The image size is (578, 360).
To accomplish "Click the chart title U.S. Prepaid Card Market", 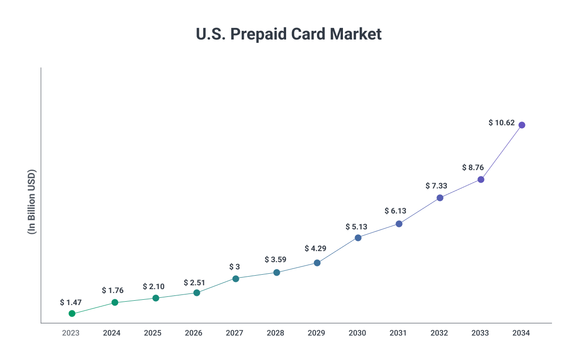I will (x=289, y=34).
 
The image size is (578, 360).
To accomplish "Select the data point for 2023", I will (x=72, y=313).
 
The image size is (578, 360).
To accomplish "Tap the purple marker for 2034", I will (x=522, y=125).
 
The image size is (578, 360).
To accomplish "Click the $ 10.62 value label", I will (x=501, y=122).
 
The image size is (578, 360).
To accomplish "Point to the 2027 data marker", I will (x=236, y=279).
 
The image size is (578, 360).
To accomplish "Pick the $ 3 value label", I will (x=235, y=267).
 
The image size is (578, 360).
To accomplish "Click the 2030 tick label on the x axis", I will (x=357, y=333).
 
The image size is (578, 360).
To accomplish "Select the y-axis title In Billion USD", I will (x=32, y=202).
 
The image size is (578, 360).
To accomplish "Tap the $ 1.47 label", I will (x=71, y=302).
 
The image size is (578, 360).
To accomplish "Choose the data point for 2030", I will (x=358, y=238).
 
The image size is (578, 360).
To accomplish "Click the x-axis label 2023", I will (x=71, y=333).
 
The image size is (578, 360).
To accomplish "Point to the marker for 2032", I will (x=440, y=198).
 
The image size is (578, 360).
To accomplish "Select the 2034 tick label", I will (x=521, y=333).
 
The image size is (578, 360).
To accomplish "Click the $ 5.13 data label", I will (x=356, y=227).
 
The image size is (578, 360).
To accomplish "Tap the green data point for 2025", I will (x=156, y=298).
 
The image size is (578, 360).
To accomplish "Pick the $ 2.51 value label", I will (x=195, y=282).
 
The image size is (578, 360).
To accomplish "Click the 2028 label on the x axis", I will (x=276, y=333).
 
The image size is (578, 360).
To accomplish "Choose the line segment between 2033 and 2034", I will (x=501, y=152).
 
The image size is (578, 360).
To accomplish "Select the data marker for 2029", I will (x=317, y=263).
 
